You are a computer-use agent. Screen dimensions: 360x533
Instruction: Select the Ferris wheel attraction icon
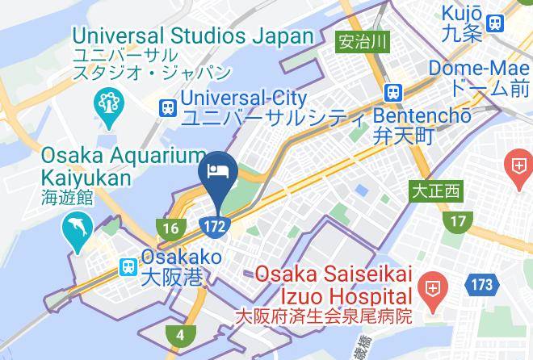click(108, 103)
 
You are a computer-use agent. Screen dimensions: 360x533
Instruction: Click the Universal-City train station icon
click(168, 106)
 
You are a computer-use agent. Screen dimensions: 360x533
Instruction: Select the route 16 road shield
click(169, 229)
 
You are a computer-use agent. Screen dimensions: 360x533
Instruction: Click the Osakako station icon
click(128, 266)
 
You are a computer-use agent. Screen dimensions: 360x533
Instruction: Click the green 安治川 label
click(357, 40)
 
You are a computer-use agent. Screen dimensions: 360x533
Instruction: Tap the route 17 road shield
click(459, 220)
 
